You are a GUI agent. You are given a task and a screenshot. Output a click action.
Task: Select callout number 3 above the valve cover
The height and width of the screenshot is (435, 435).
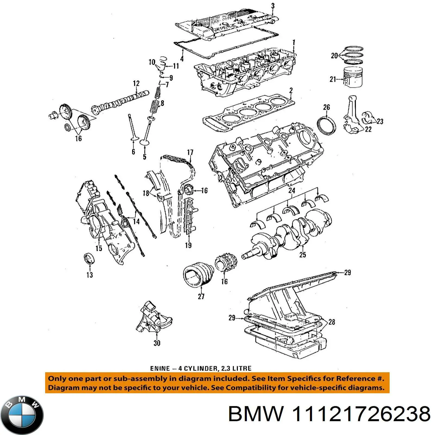tap(273, 6)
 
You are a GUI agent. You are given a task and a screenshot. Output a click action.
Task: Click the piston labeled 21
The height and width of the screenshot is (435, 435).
tap(353, 77)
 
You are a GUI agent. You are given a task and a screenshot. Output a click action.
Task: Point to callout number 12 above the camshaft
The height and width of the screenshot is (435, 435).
tap(136, 83)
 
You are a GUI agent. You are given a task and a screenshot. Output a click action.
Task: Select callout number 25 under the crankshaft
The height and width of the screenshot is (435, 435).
tap(303, 255)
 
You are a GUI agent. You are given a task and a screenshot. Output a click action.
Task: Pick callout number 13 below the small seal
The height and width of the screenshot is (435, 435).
tap(89, 275)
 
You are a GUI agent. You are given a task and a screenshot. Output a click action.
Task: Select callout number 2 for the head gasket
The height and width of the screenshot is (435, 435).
tap(291, 90)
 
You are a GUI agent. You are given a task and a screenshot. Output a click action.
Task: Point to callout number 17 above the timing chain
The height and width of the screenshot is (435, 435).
tap(190, 152)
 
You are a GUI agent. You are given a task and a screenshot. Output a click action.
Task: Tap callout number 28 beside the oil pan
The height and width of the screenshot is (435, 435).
tap(332, 322)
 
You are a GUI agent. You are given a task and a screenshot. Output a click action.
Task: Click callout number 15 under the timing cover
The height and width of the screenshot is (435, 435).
tap(99, 248)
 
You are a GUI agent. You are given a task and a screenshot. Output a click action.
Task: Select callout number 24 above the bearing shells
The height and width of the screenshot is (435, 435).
tap(292, 190)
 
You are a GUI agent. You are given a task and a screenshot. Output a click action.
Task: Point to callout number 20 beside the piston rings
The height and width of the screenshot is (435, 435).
tap(334, 56)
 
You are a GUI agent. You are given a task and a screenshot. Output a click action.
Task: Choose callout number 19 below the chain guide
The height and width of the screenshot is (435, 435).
tap(188, 245)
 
